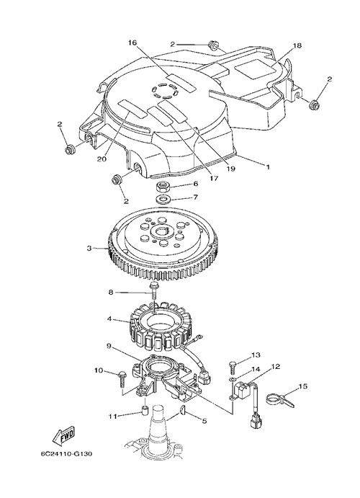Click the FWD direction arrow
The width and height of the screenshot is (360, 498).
(63, 434)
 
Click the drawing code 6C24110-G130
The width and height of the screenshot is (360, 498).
(67, 453)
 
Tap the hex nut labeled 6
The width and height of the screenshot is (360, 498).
(163, 186)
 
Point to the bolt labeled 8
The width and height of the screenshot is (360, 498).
(155, 289)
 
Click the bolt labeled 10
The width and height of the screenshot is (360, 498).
(122, 378)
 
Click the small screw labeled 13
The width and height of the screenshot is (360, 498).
(233, 368)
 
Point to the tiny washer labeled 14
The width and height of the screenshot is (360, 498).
(233, 379)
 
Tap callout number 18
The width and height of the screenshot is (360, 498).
(297, 45)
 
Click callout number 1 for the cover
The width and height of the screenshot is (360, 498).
(268, 166)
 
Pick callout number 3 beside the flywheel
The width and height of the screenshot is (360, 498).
(89, 248)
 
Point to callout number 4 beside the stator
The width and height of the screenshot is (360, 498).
(109, 318)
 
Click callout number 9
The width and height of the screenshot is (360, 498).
(109, 346)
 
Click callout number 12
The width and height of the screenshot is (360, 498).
(275, 367)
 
